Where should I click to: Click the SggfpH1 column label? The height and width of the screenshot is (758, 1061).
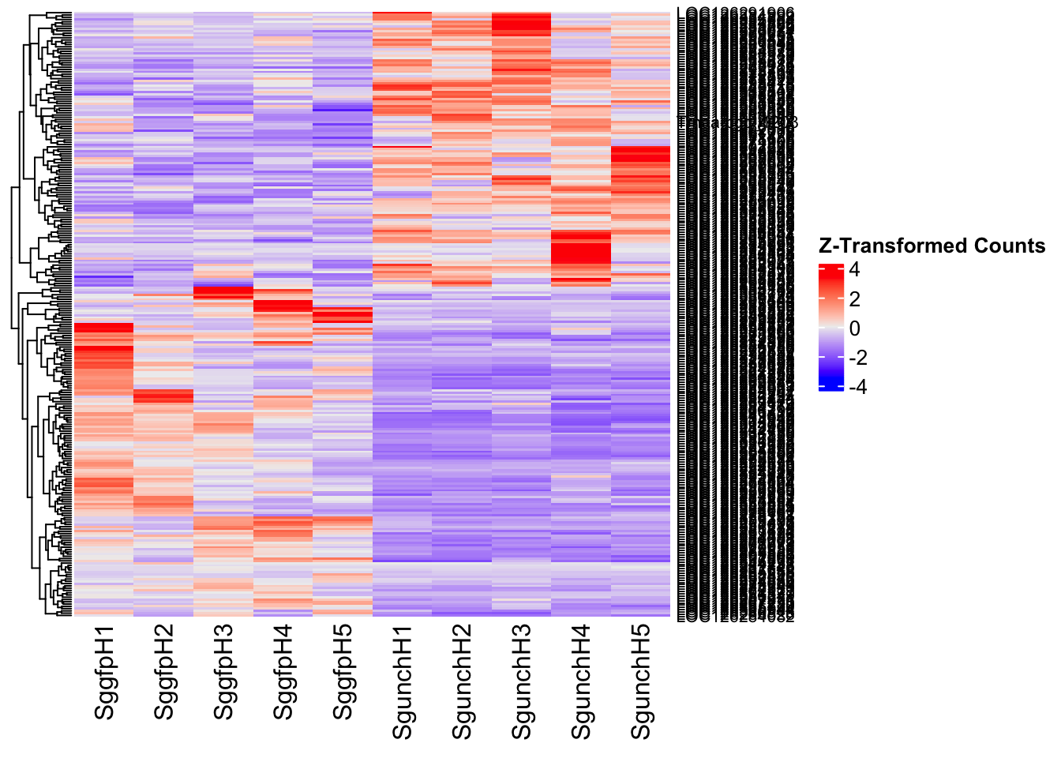[104, 673]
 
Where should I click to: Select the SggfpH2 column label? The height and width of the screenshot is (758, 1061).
[164, 673]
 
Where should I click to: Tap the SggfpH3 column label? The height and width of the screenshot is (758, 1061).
[223, 673]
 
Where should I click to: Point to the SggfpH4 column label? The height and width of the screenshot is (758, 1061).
[283, 673]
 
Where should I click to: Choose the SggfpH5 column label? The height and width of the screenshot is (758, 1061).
[343, 673]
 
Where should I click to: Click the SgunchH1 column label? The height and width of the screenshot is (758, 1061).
[403, 681]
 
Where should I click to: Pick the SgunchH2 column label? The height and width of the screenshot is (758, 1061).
[462, 681]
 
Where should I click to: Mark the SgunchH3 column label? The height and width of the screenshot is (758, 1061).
[522, 681]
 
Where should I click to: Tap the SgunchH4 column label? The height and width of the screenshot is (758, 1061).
[581, 681]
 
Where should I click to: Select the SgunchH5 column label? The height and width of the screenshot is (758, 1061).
[641, 681]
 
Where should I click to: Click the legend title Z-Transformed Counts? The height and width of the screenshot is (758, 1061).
[932, 246]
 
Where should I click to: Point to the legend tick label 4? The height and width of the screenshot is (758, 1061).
[854, 270]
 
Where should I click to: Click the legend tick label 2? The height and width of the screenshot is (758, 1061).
[854, 299]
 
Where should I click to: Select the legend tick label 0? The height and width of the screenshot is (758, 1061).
[854, 328]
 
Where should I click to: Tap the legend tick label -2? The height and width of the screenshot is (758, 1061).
[857, 358]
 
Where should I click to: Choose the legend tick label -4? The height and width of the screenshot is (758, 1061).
[857, 387]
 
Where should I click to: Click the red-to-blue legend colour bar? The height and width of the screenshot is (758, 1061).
[831, 328]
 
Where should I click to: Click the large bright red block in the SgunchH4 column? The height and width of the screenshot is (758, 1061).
[581, 253]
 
